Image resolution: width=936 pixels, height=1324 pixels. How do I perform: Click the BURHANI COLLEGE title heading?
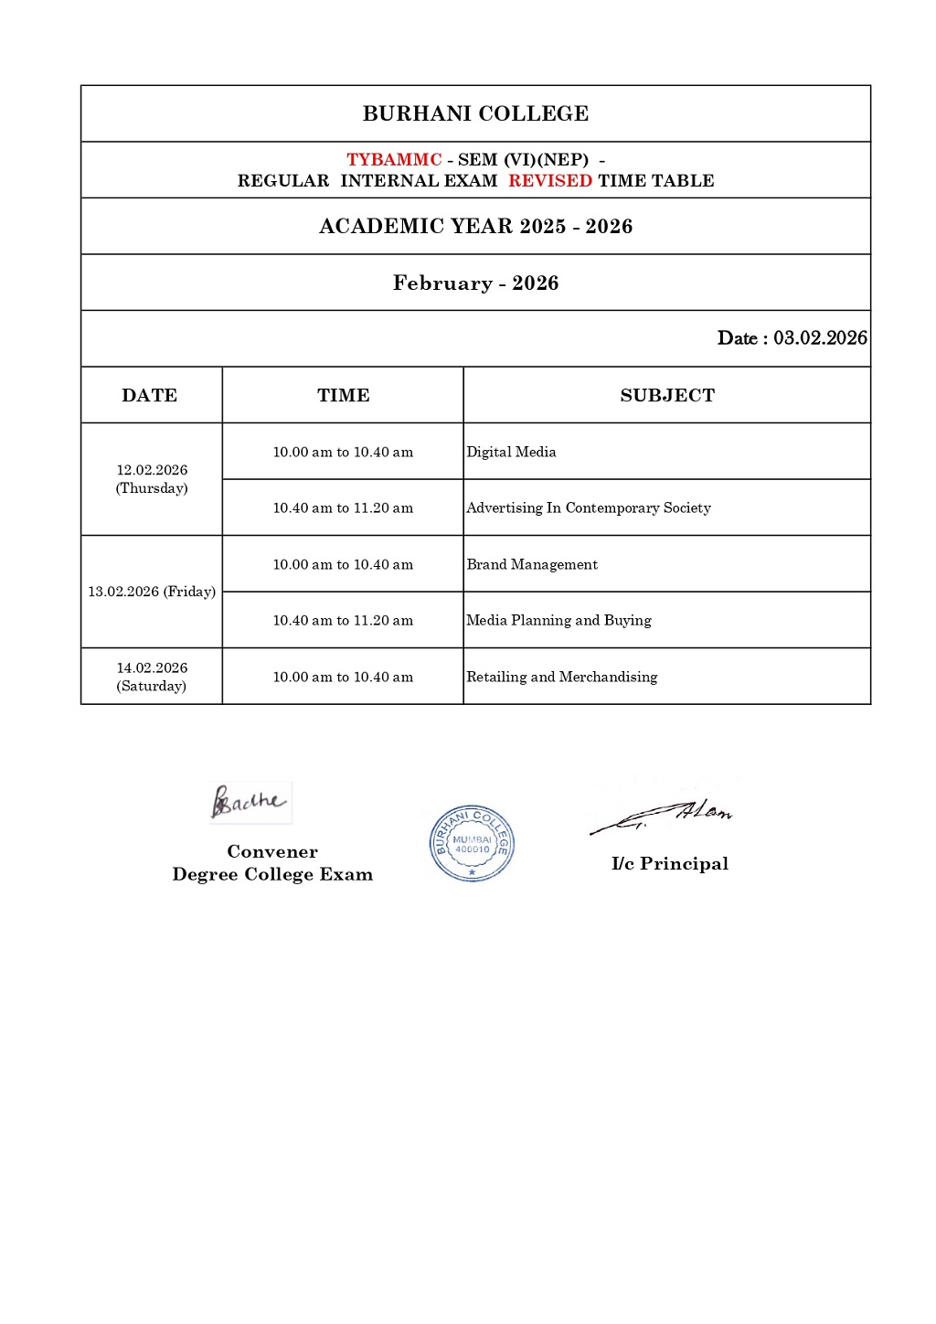pyautogui.click(x=475, y=113)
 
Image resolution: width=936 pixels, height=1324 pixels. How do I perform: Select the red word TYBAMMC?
pyautogui.click(x=394, y=160)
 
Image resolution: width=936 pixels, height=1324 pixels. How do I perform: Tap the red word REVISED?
pyautogui.click(x=550, y=181)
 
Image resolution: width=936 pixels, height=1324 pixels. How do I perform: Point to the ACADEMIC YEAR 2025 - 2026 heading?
pyautogui.click(x=475, y=227)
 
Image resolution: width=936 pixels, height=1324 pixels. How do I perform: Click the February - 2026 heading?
pyautogui.click(x=475, y=283)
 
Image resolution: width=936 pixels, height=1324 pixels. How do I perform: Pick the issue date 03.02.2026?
pyautogui.click(x=820, y=338)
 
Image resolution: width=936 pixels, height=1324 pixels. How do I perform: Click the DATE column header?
pyautogui.click(x=150, y=396)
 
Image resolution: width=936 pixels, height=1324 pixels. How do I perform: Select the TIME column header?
pyautogui.click(x=343, y=396)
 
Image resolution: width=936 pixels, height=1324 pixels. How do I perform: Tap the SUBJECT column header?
pyautogui.click(x=667, y=396)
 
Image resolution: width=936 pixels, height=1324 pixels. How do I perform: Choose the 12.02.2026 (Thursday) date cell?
pyautogui.click(x=152, y=479)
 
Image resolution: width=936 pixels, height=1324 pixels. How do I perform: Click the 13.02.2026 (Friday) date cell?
pyautogui.click(x=152, y=592)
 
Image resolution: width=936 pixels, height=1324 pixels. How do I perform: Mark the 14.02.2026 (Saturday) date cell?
pyautogui.click(x=152, y=677)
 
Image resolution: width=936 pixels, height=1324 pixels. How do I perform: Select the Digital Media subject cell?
pyautogui.click(x=511, y=452)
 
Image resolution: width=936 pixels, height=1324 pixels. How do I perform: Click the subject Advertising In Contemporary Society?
pyautogui.click(x=588, y=508)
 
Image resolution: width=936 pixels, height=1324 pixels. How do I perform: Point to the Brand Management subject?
pyautogui.click(x=532, y=565)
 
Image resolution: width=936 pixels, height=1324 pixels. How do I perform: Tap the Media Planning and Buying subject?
pyautogui.click(x=558, y=621)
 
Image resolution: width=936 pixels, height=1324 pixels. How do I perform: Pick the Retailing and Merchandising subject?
pyautogui.click(x=561, y=678)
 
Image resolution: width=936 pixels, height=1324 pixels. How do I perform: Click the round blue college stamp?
pyautogui.click(x=472, y=843)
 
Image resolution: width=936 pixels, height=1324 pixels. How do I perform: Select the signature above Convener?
pyautogui.click(x=249, y=802)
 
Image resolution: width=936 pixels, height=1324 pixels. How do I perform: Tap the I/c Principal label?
pyautogui.click(x=670, y=864)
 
